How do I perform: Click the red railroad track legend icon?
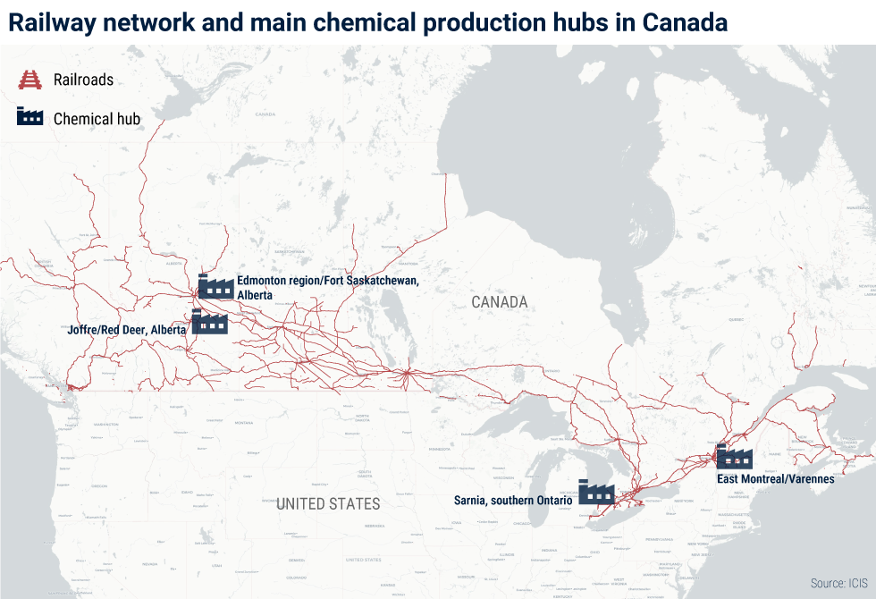click(30, 80)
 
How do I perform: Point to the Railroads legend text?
click(83, 80)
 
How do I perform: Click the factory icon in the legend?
click(30, 117)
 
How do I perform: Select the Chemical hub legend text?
click(97, 118)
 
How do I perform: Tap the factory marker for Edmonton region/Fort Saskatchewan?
click(215, 286)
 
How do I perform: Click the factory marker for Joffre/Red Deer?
click(210, 321)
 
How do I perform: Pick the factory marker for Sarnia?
click(596, 492)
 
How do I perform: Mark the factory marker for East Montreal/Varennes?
click(734, 456)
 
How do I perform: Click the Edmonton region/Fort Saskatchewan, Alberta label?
click(327, 287)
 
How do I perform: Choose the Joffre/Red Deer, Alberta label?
click(127, 330)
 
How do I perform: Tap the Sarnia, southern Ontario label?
click(512, 501)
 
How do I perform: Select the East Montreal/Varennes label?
click(775, 479)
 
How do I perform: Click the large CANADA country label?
click(500, 302)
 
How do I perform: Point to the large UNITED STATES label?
click(328, 503)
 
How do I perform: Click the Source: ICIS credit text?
click(838, 583)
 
